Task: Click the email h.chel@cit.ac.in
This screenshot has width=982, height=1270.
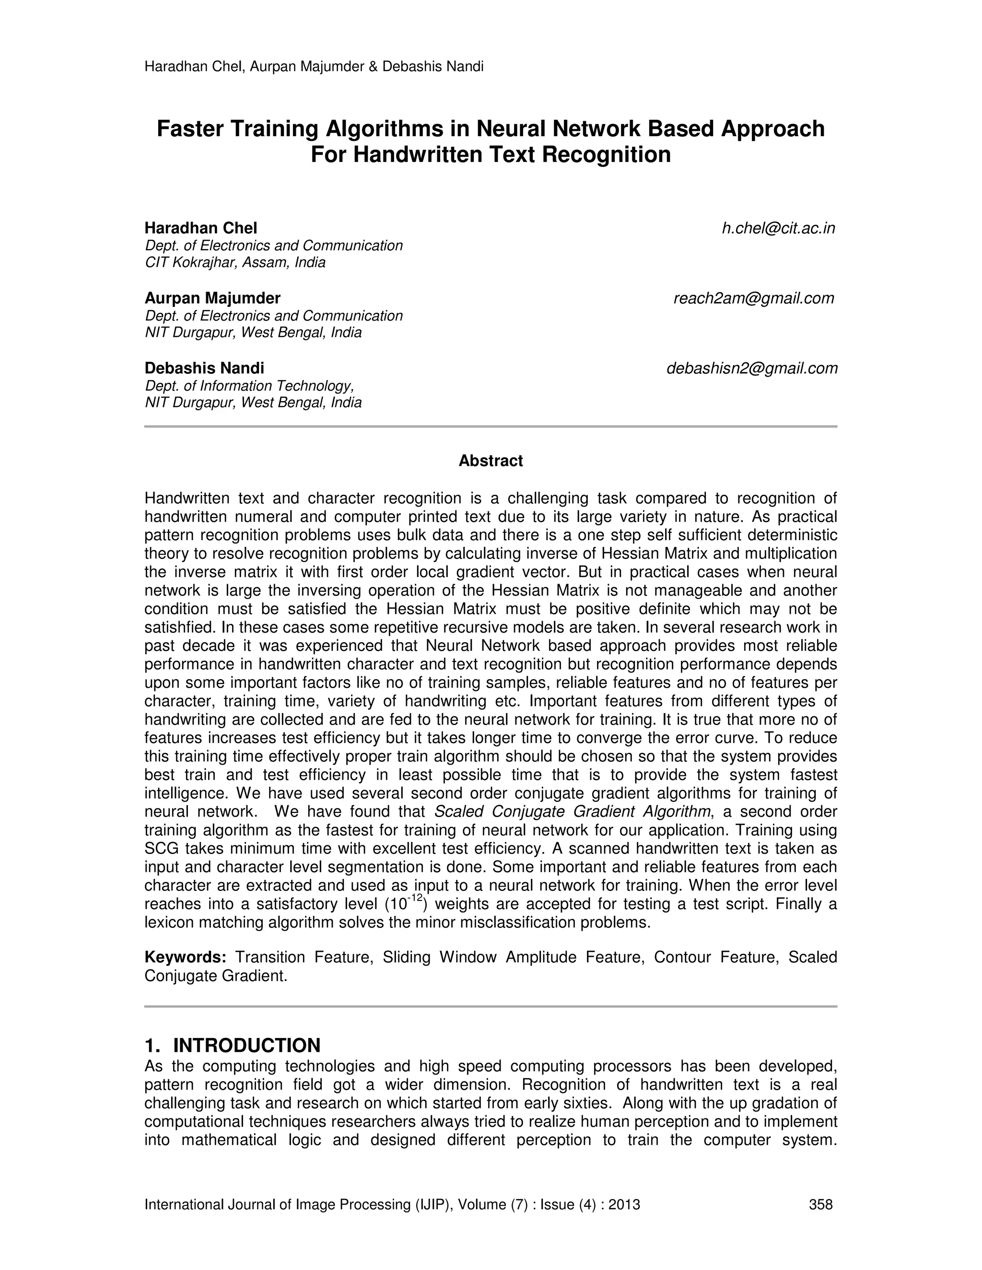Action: [x=778, y=229]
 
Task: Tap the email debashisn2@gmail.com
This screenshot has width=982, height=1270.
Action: [x=752, y=368]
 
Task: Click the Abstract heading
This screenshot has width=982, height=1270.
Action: [x=491, y=461]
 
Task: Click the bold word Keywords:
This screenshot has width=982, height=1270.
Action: [x=185, y=957]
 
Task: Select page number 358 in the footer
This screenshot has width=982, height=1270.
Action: [x=820, y=1204]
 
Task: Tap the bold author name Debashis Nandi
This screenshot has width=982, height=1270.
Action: [x=204, y=368]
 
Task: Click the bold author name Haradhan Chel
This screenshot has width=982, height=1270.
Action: [x=201, y=228]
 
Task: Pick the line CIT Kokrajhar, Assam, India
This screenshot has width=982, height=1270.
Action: [x=235, y=262]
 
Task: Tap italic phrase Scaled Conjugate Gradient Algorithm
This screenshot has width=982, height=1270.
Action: [x=573, y=811]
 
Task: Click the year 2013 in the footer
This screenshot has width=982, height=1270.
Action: [x=624, y=1204]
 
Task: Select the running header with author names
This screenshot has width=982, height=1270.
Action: [x=314, y=66]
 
